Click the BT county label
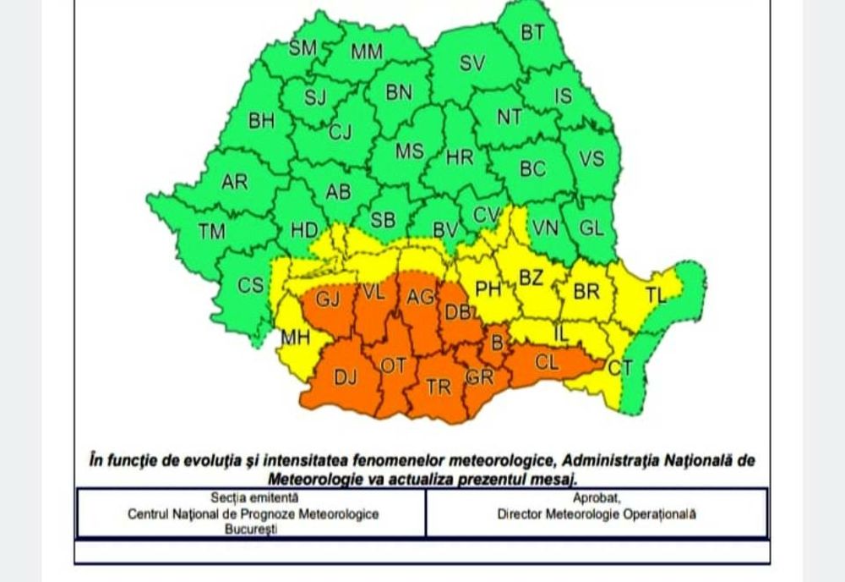(x=532, y=34)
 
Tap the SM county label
(x=303, y=48)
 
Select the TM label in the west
(x=212, y=230)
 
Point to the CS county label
(x=250, y=285)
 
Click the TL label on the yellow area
(x=656, y=295)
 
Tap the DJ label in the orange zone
(x=346, y=378)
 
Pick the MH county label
(x=296, y=338)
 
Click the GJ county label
(x=328, y=299)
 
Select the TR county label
(x=439, y=387)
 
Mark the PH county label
(x=488, y=289)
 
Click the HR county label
(x=460, y=156)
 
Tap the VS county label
(x=591, y=158)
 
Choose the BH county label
(x=261, y=121)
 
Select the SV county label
(x=472, y=63)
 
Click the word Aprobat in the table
(x=597, y=498)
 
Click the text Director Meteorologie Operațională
(x=597, y=513)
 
